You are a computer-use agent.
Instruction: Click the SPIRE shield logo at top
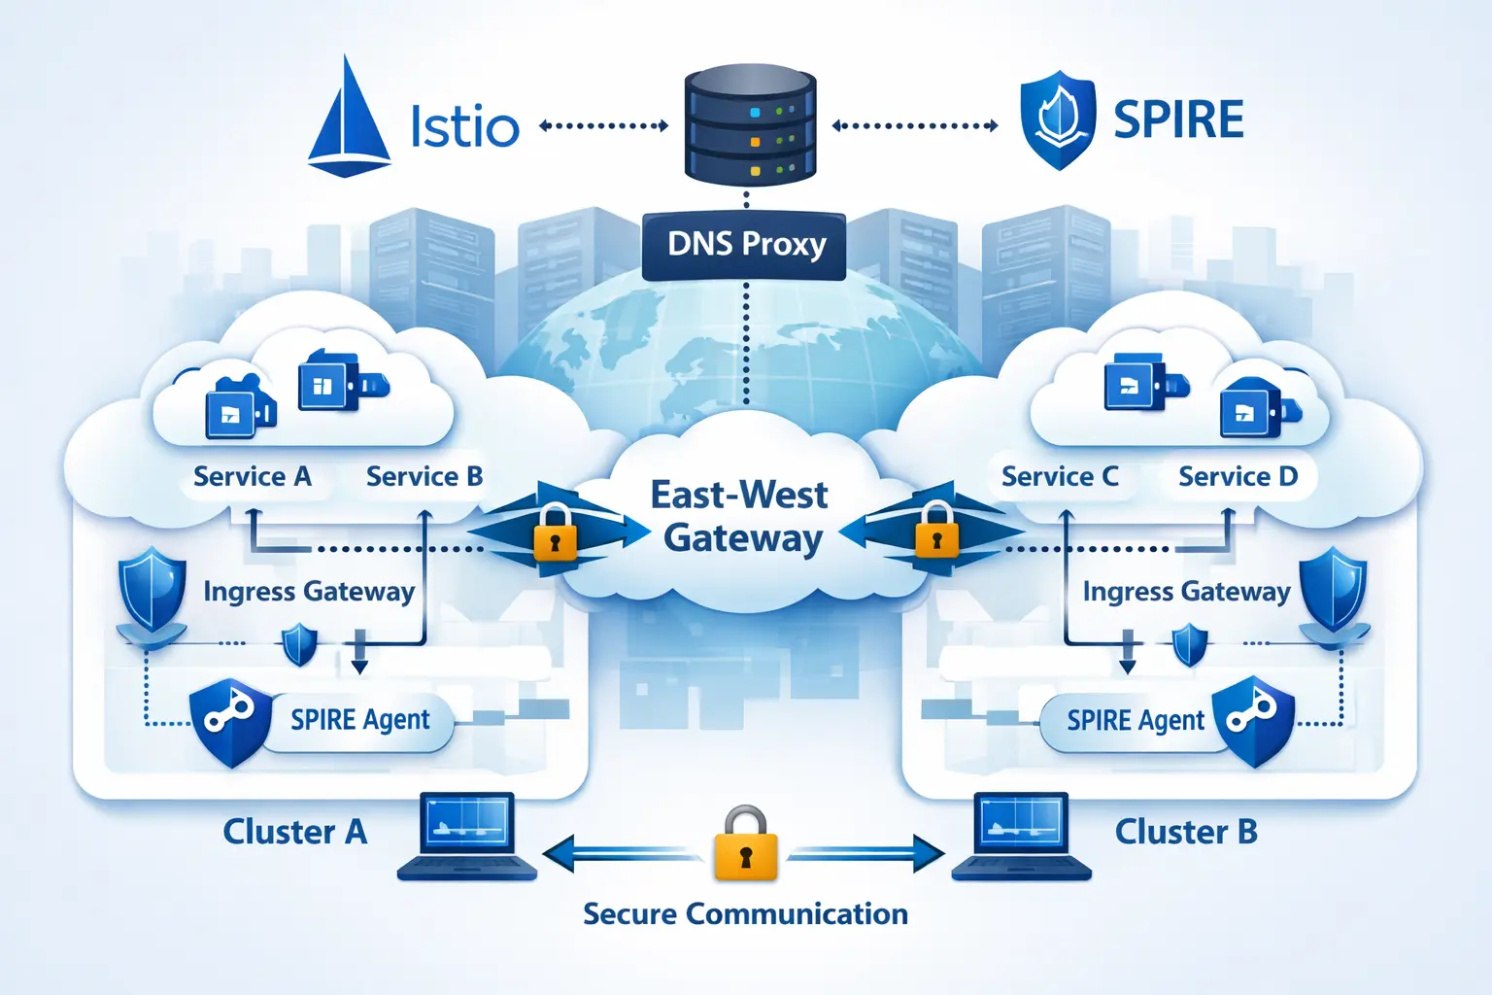[1058, 120]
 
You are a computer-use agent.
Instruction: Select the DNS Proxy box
[745, 245]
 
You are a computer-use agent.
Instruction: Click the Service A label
[253, 476]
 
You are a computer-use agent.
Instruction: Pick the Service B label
[424, 476]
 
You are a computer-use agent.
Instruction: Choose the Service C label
[1060, 476]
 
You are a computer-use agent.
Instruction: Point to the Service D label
[1238, 476]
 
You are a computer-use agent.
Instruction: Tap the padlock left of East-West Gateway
[555, 532]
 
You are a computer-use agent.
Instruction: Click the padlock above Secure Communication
[745, 844]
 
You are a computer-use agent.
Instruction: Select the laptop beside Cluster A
[467, 837]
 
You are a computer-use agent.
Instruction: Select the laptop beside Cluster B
[1022, 837]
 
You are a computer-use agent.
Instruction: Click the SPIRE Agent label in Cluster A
[359, 720]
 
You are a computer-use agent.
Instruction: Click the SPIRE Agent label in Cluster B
[1135, 721]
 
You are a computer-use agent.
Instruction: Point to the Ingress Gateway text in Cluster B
[1186, 591]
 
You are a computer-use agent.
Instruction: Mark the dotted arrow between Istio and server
[603, 125]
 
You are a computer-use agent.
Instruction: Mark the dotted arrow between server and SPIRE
[915, 125]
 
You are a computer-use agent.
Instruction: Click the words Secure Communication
[745, 913]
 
